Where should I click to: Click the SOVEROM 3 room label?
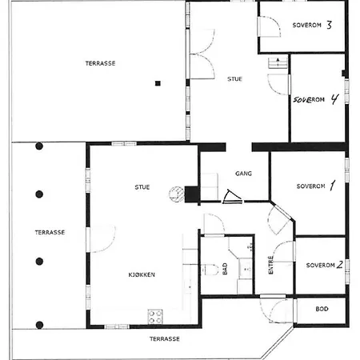pos(312,25)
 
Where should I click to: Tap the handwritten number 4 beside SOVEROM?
pos(334,99)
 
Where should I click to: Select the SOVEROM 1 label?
pos(316,186)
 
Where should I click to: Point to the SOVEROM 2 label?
pos(324,265)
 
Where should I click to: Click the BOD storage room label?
pos(322,309)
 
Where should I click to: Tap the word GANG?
pos(243,174)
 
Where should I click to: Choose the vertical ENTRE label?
pos(270,265)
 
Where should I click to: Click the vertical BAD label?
pos(225,269)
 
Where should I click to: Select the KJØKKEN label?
pos(142,274)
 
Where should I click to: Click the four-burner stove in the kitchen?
pos(155,317)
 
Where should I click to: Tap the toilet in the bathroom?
pos(210,270)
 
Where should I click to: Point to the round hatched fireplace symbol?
pos(177,194)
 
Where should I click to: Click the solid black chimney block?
pos(191,194)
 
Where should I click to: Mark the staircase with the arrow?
pos(278,63)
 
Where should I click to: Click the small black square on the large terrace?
pos(158,83)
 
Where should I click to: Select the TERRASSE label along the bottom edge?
pos(165,339)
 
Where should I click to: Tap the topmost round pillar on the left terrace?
pos(39,146)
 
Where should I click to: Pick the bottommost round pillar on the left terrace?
pos(39,325)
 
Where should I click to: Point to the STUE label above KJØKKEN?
pos(142,187)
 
